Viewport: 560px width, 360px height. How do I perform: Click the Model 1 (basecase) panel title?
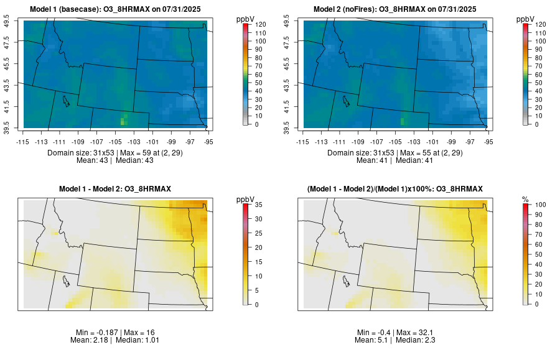[118, 9]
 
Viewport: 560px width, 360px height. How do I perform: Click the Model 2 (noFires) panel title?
[395, 9]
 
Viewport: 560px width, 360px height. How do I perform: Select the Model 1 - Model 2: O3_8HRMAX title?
[115, 188]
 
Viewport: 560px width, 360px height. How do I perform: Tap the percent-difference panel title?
[395, 188]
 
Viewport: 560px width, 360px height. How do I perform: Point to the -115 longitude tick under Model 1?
[23, 141]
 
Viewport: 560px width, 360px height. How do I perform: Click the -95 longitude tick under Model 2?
[488, 141]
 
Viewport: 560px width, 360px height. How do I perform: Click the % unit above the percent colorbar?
[526, 199]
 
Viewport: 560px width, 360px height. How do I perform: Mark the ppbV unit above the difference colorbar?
[246, 199]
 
